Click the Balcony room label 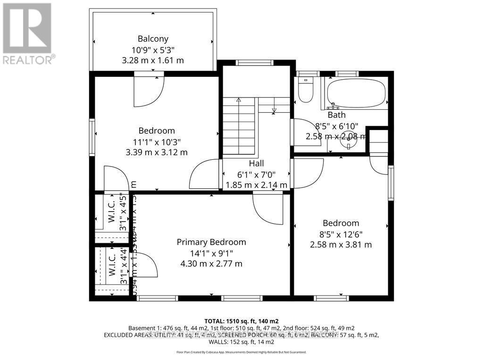[x=153, y=39]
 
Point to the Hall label [x=256, y=163]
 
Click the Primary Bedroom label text [x=211, y=242]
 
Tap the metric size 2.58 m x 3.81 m [x=341, y=245]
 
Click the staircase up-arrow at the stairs [x=238, y=100]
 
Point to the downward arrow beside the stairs [x=274, y=111]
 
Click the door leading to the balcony [x=148, y=90]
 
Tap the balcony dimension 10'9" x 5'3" [x=153, y=49]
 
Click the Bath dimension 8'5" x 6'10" [x=336, y=126]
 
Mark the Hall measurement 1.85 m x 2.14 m [x=256, y=185]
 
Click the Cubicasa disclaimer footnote [x=241, y=352]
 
